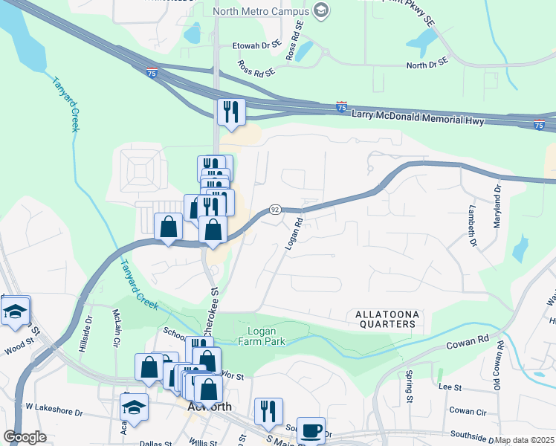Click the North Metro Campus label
pos(259,11)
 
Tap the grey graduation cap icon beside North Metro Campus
pos(320,10)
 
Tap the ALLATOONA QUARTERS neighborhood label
pos(384,319)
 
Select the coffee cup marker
pos(311,429)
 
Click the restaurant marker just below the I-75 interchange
pos(231,111)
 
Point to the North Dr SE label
pos(427,65)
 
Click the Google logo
pos(25,437)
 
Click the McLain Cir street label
pos(116,329)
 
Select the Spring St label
pos(410,387)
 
